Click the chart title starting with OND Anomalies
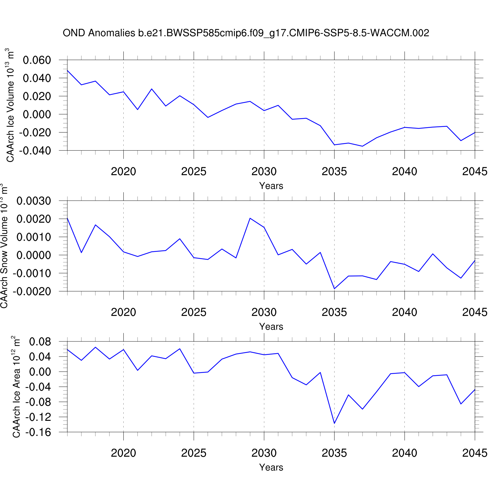[x=246, y=33]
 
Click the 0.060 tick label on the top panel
[x=37, y=60]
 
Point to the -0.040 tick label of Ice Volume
[x=35, y=151]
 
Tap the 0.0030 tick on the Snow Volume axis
[x=34, y=201]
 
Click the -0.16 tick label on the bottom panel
[x=38, y=432]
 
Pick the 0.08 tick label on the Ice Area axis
[x=40, y=342]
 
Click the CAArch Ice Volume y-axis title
[x=10, y=105]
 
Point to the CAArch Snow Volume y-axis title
[x=4, y=246]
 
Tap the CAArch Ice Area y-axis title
[x=16, y=387]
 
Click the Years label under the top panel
[x=271, y=186]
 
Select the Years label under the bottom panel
[x=271, y=467]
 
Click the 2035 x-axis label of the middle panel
[x=334, y=312]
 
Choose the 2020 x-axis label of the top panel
[x=123, y=172]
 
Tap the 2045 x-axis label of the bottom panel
[x=475, y=453]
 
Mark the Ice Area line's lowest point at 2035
[x=334, y=423]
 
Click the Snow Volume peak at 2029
[x=250, y=218]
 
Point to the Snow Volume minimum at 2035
[x=334, y=289]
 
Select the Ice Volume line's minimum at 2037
[x=362, y=146]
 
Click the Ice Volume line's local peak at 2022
[x=152, y=89]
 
